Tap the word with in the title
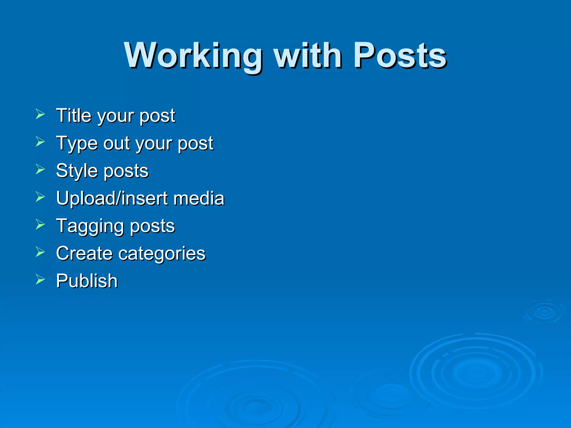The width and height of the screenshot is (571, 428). point(308,55)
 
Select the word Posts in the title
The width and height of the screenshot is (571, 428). point(400,55)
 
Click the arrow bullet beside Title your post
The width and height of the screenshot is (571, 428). point(40,114)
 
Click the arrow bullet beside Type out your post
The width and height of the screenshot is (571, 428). point(40,142)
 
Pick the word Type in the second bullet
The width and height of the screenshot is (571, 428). point(77,144)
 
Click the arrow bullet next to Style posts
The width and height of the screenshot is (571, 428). point(40,169)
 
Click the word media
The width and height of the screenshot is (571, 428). point(199,198)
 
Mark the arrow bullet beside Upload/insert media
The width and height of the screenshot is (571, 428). point(40,197)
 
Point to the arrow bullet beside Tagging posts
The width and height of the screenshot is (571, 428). point(40,224)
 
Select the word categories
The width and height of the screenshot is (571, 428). point(162,254)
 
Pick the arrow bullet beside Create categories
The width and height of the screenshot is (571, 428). point(40,252)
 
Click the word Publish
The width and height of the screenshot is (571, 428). point(87,281)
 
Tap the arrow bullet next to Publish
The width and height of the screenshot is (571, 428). point(40,279)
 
